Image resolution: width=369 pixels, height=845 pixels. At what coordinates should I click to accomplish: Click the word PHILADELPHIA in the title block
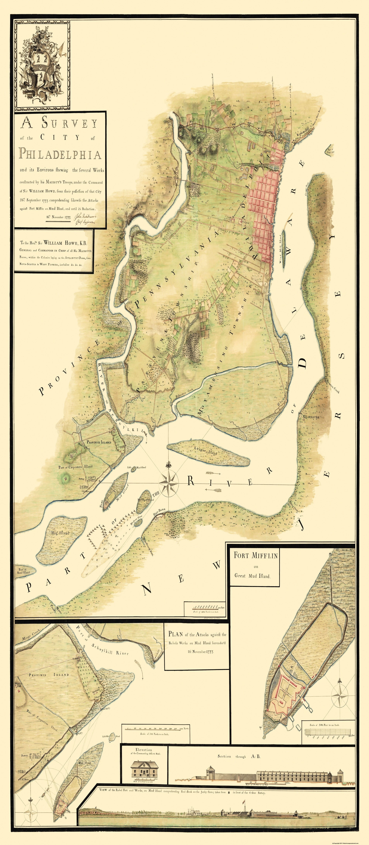[x=60, y=154]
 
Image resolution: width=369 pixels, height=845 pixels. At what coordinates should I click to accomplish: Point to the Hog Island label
[x=60, y=533]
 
